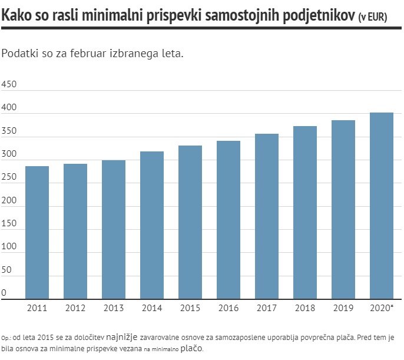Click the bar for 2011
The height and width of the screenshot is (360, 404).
(x=37, y=233)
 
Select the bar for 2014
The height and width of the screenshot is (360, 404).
(x=152, y=225)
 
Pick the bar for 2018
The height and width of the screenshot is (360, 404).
(x=305, y=213)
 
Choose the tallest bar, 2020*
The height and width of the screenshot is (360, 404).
(x=382, y=206)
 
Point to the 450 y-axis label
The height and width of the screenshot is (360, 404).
(x=9, y=84)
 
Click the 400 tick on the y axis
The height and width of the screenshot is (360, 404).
(x=9, y=109)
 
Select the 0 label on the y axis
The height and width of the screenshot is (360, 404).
(x=4, y=293)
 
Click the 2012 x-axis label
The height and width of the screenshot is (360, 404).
(x=75, y=308)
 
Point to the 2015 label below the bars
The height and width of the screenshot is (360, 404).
(x=190, y=308)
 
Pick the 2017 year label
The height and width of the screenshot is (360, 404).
(x=267, y=308)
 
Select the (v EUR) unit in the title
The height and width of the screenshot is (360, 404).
(x=373, y=18)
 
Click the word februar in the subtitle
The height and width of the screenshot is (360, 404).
(x=91, y=54)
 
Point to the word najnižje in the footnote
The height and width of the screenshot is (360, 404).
(x=122, y=338)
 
